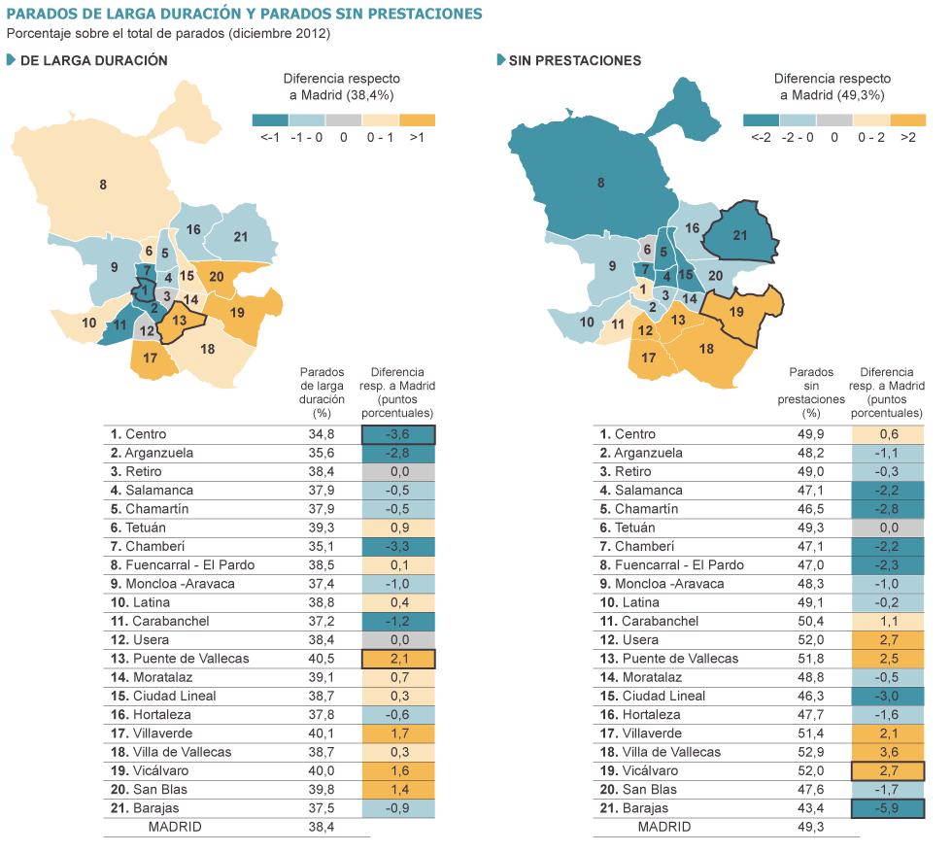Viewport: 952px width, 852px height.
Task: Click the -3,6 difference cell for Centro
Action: click(x=398, y=434)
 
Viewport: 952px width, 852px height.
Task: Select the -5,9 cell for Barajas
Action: click(x=888, y=808)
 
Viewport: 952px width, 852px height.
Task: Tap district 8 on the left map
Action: click(x=103, y=184)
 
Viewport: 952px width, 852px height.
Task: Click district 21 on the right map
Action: click(x=740, y=236)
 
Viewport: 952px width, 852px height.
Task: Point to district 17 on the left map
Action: click(x=151, y=358)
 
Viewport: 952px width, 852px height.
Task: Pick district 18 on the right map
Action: click(x=706, y=349)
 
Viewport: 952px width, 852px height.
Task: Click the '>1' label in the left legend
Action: click(x=417, y=139)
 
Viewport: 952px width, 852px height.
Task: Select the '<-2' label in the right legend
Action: click(x=760, y=139)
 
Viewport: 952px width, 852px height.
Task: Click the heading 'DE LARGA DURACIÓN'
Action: click(x=93, y=60)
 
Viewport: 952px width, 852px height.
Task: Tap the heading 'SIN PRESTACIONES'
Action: click(x=574, y=60)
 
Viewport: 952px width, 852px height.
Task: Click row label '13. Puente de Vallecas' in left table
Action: click(x=179, y=659)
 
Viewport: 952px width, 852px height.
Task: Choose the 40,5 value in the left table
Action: click(x=322, y=659)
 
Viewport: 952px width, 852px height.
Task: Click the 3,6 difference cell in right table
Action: click(x=888, y=752)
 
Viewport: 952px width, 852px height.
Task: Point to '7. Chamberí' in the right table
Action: click(x=636, y=546)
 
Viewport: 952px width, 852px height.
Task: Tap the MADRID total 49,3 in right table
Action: click(x=811, y=827)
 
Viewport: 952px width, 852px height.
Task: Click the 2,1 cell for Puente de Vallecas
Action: click(x=398, y=659)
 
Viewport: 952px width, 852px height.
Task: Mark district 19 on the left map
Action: click(x=238, y=313)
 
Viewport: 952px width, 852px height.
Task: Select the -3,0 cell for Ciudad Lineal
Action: click(x=888, y=696)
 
